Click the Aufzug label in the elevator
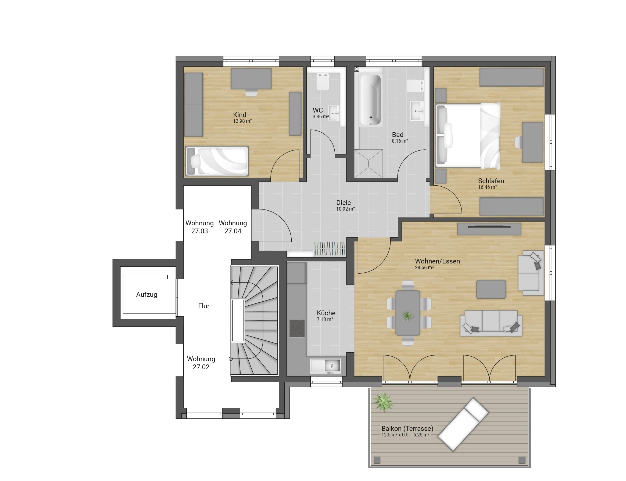(146, 294)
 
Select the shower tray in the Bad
(368, 164)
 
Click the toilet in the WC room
(322, 81)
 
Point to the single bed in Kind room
(217, 161)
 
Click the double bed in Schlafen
(468, 135)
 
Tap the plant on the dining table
(407, 316)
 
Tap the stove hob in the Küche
(296, 328)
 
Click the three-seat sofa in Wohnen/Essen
(491, 323)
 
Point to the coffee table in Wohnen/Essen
(491, 289)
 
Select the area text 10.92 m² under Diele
(345, 209)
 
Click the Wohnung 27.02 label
(201, 363)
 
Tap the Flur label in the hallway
(204, 306)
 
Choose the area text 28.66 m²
(424, 267)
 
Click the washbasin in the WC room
(334, 113)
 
